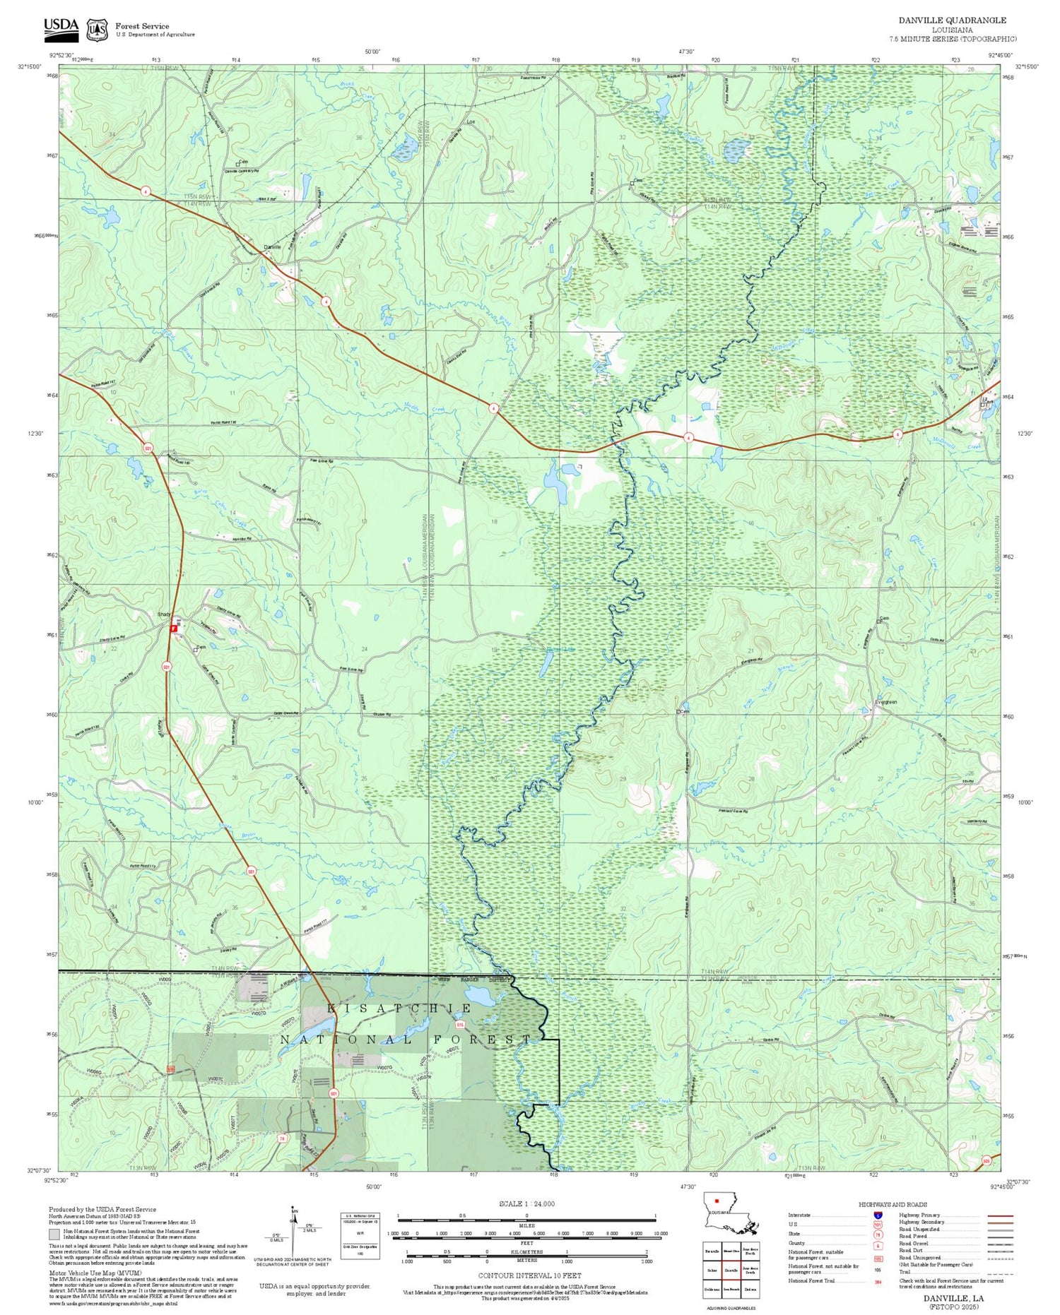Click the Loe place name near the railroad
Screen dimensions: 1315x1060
point(471,121)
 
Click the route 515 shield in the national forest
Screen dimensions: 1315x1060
point(460,1024)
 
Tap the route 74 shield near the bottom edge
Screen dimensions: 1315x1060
point(282,1138)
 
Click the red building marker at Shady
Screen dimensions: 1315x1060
point(173,626)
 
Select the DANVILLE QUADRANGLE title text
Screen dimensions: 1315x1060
point(952,20)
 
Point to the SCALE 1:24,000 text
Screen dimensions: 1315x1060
point(526,1204)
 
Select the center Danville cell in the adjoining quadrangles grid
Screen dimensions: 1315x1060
point(731,1270)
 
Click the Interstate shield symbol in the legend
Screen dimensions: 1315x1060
point(878,1215)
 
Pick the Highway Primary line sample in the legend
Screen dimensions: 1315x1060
point(997,1216)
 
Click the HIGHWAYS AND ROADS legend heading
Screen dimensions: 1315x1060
point(893,1205)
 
